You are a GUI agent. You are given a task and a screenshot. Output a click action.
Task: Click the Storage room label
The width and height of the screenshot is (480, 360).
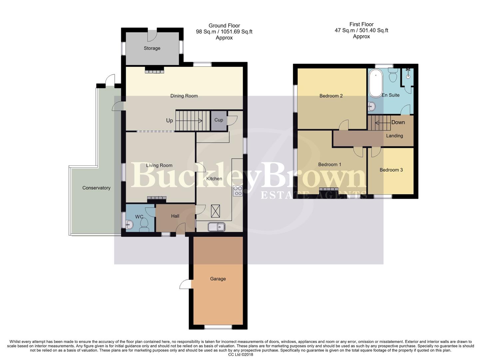click(x=152, y=48)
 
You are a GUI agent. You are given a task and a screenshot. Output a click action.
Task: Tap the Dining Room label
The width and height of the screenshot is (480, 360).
click(x=184, y=96)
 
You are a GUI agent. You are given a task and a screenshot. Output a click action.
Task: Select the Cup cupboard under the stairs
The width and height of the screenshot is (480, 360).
click(x=219, y=120)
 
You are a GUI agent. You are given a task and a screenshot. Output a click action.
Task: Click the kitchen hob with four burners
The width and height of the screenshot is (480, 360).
click(x=238, y=191)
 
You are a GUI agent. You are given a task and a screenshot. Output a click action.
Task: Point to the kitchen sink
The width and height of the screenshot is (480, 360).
click(x=217, y=227)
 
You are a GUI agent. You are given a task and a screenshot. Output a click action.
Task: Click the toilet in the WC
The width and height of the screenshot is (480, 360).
click(x=144, y=224)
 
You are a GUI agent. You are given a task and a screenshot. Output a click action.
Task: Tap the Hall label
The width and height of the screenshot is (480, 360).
click(x=175, y=216)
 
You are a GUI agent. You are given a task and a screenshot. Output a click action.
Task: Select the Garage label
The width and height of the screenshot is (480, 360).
click(x=218, y=279)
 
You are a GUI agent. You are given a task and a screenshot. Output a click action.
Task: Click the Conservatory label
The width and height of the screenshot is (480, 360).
click(x=96, y=188)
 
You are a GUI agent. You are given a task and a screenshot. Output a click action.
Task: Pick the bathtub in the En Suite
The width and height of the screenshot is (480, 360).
click(x=376, y=83)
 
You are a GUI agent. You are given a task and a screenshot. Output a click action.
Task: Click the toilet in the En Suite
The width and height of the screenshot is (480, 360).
click(x=393, y=75)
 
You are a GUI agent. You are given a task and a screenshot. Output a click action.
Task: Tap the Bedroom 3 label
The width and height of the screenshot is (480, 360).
click(x=391, y=170)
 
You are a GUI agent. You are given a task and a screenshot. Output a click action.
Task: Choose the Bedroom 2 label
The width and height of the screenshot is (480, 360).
click(x=331, y=96)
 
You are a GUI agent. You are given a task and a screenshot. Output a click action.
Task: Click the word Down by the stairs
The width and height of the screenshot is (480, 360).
click(x=398, y=122)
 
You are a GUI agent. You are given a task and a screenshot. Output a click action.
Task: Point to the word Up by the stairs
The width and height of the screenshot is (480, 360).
click(x=170, y=121)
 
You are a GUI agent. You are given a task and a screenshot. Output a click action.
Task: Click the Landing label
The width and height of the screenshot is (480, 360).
click(x=394, y=136)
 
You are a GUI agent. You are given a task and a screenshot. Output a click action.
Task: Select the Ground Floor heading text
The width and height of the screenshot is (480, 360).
click(x=224, y=26)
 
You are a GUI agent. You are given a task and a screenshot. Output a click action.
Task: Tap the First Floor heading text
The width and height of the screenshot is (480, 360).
click(x=361, y=24)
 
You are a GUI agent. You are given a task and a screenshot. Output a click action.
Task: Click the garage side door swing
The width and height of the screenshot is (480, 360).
click(x=185, y=284)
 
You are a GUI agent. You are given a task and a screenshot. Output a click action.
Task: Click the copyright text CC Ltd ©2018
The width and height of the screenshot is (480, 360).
click(x=240, y=355)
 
